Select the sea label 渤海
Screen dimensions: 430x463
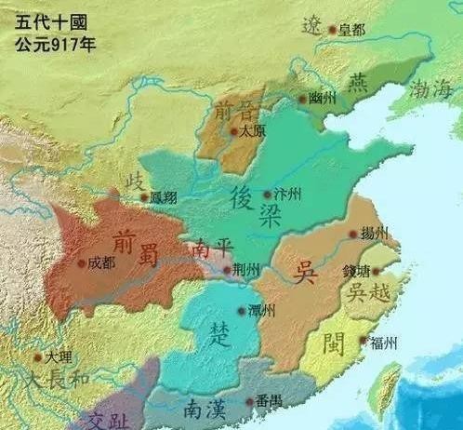pos(426,90)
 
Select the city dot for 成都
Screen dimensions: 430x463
pos(83,262)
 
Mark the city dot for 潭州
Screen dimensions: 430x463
pos(242,310)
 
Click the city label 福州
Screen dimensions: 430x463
pos(383,343)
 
